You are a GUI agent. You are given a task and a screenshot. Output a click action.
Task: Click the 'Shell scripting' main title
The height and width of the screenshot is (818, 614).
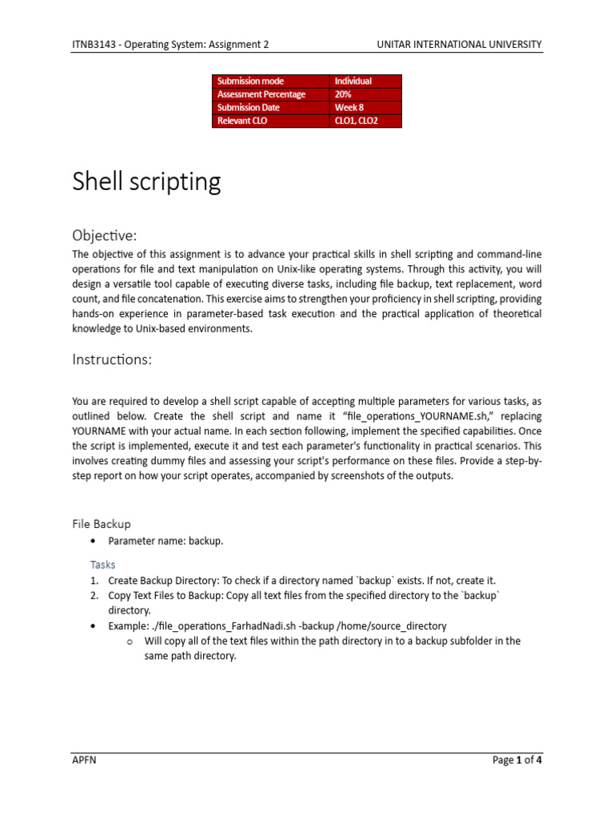tap(146, 182)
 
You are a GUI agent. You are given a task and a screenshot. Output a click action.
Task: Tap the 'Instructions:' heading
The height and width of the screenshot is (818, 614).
tap(111, 359)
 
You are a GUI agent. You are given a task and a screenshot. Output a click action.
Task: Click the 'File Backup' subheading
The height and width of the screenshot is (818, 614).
tap(101, 524)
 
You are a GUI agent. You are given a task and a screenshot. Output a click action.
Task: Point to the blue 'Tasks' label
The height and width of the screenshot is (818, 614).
tap(102, 564)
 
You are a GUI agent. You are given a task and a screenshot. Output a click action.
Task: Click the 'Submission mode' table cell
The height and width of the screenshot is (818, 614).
tap(250, 81)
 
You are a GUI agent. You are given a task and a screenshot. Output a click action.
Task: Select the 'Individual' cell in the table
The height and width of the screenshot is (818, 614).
tap(353, 81)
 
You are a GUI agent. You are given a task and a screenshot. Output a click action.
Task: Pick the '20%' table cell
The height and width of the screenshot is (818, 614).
tap(343, 94)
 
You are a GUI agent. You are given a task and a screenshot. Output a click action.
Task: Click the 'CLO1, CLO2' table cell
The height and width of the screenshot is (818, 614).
tap(356, 121)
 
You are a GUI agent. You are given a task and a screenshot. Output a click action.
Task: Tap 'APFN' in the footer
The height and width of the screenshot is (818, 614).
tap(84, 760)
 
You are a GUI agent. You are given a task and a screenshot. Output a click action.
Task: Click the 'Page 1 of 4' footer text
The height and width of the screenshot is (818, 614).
tap(517, 760)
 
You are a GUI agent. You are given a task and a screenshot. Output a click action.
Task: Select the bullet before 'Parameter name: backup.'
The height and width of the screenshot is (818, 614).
tap(94, 542)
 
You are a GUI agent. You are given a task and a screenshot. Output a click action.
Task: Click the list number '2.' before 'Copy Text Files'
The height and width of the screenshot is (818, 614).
tap(94, 595)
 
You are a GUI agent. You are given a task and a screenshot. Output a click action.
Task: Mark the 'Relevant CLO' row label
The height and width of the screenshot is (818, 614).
tap(242, 121)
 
